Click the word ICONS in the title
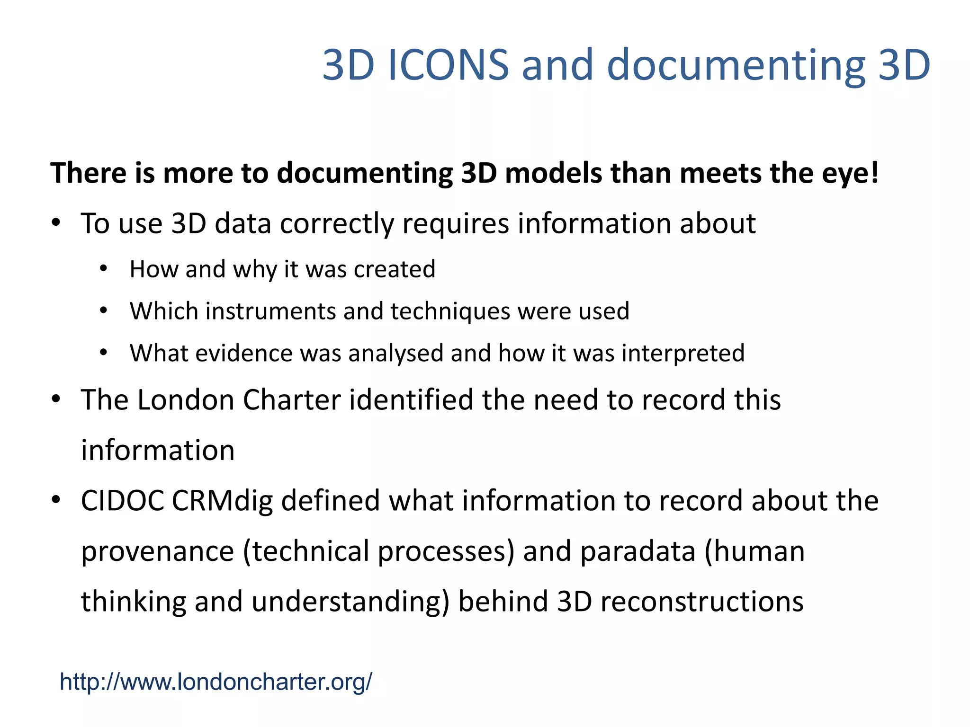(x=448, y=65)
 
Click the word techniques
(x=450, y=311)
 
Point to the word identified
(x=412, y=400)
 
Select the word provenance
(x=158, y=552)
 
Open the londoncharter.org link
(x=216, y=682)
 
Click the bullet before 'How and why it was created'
(x=104, y=269)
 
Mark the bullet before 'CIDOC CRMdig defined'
(x=56, y=500)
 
